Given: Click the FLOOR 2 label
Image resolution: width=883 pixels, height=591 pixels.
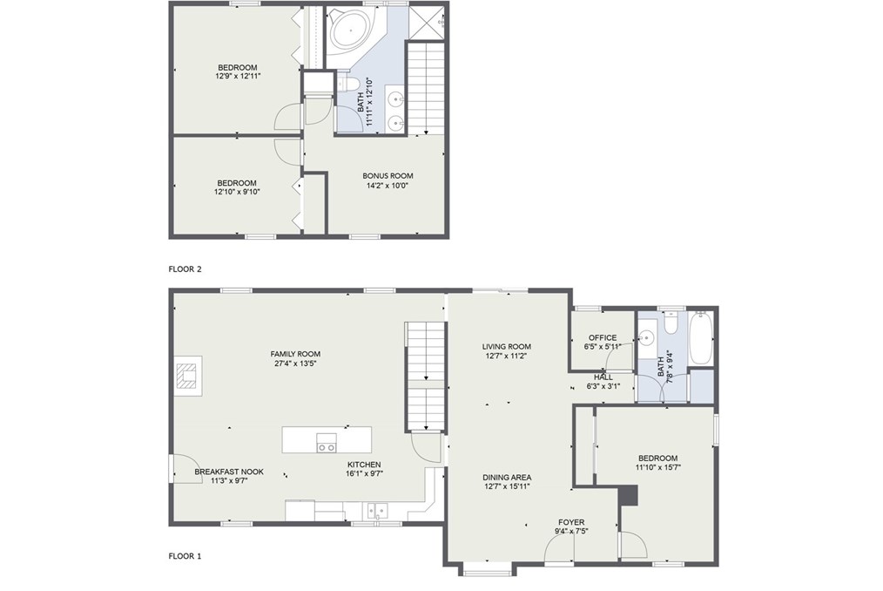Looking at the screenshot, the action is (x=185, y=269).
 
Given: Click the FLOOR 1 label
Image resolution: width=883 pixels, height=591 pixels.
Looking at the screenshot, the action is (x=185, y=556).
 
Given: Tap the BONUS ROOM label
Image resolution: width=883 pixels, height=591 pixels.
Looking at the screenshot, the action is (x=388, y=175).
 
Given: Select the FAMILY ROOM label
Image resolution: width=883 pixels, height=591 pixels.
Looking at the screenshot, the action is (x=295, y=354).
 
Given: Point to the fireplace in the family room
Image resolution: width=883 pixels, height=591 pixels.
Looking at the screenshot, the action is (x=187, y=376).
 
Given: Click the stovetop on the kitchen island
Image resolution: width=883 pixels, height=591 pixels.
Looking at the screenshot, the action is (x=326, y=443).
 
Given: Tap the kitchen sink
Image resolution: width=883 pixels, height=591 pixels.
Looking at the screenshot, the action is (x=377, y=511).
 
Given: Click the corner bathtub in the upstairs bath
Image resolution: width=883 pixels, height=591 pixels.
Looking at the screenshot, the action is (x=349, y=33).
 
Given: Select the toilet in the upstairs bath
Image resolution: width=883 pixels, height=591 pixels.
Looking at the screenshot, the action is (x=349, y=84).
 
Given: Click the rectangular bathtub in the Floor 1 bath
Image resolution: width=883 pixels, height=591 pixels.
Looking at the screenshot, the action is (x=700, y=338).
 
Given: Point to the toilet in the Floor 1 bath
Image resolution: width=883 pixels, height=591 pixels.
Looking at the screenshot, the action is (x=671, y=322).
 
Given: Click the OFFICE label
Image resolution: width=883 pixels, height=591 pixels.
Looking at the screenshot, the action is (x=603, y=338).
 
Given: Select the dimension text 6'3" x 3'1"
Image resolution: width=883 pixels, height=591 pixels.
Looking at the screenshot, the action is (x=603, y=386).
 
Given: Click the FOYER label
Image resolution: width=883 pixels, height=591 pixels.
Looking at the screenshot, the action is (x=571, y=522).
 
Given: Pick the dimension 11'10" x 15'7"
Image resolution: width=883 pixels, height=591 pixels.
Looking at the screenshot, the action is (x=657, y=467).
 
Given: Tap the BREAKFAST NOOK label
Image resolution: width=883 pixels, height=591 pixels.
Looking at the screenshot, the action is (x=229, y=472).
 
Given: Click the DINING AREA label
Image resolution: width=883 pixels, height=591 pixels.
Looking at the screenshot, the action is (x=507, y=477).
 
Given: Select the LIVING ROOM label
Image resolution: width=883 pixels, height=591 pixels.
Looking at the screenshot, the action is (x=506, y=347).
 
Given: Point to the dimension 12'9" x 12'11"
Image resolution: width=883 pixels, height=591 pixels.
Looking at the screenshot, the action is (x=237, y=76).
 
